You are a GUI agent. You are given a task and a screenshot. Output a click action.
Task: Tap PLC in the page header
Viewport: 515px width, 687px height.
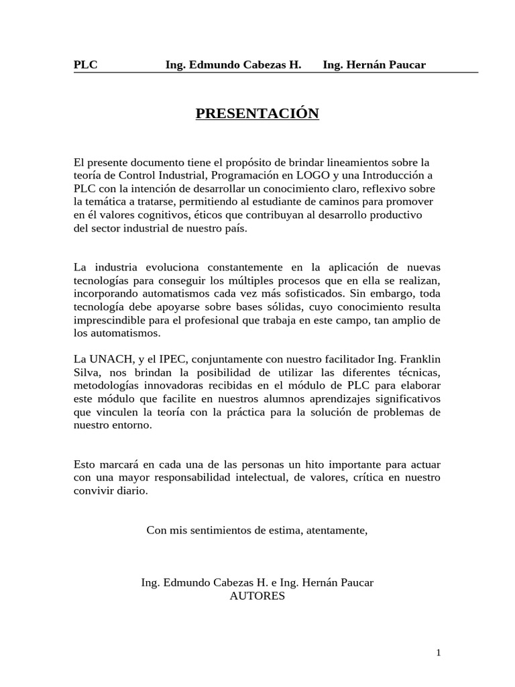85,64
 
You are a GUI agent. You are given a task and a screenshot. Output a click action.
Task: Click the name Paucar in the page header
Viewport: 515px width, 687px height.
405,64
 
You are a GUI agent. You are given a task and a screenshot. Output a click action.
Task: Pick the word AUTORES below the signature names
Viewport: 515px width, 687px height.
257,595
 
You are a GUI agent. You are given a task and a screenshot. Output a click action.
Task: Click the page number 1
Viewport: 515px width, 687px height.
437,651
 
